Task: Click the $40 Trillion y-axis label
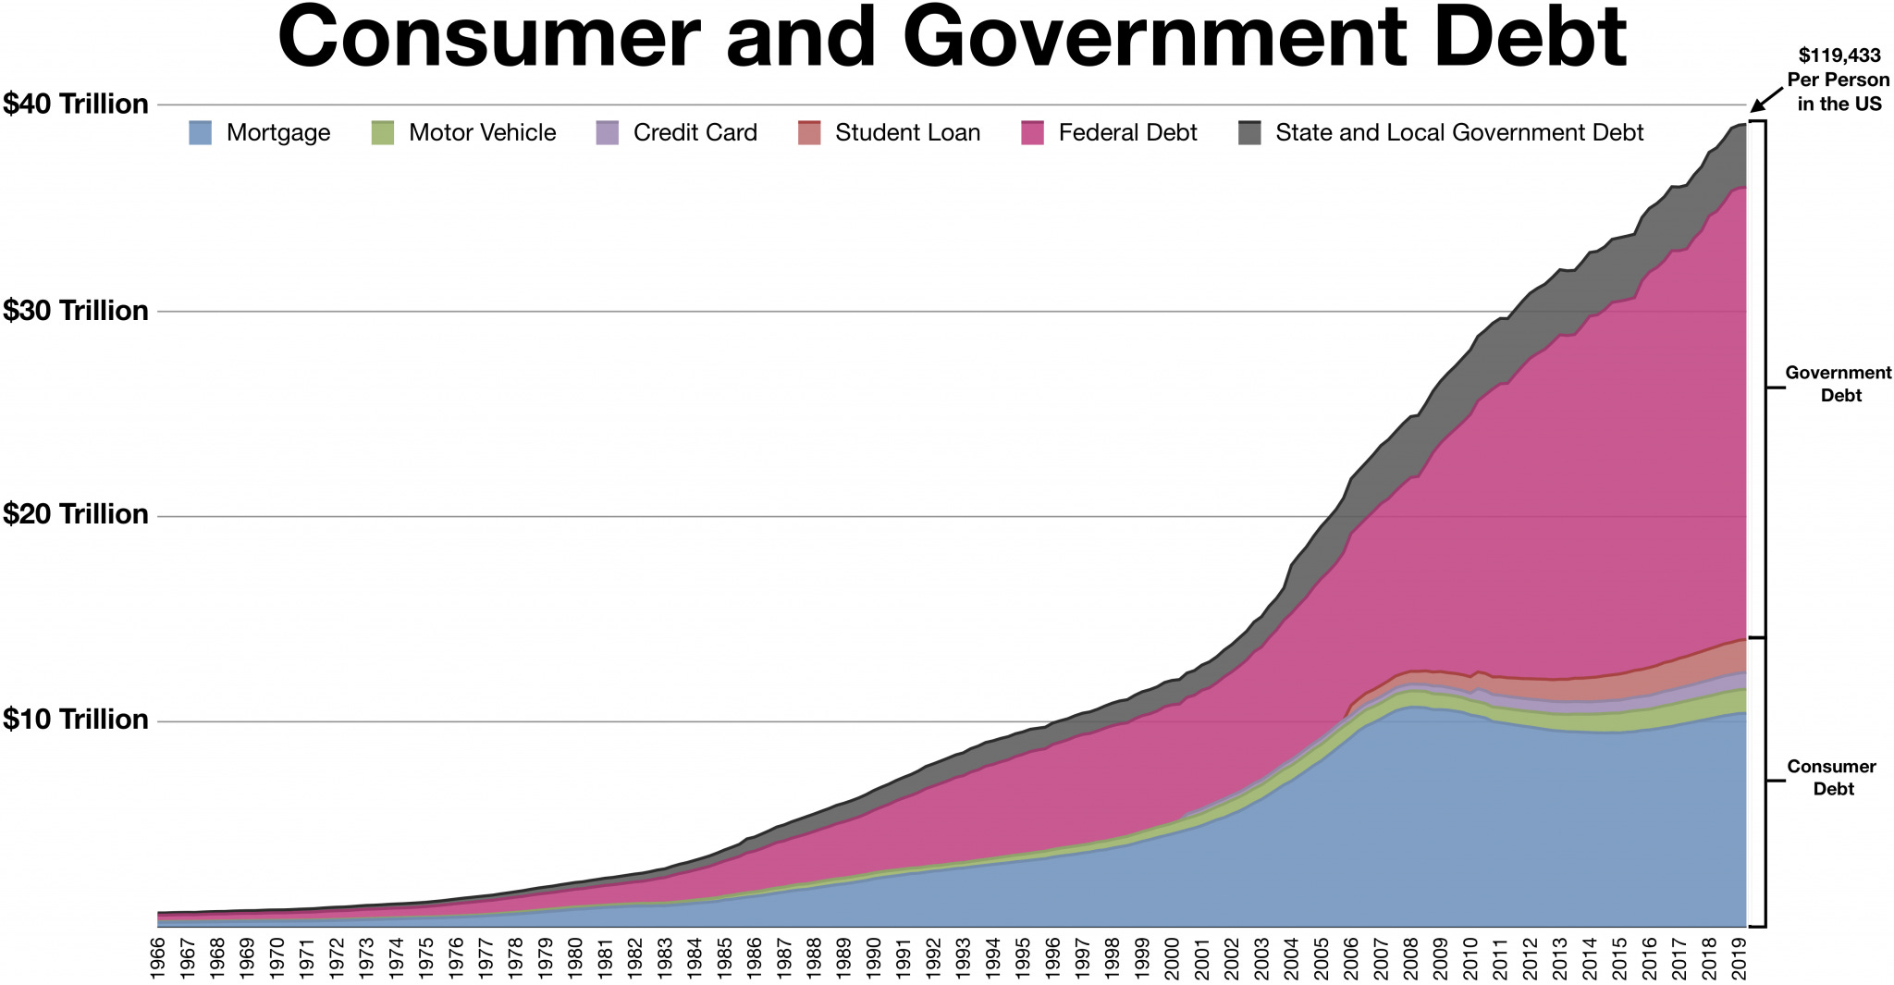(x=75, y=104)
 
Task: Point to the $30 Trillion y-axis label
(x=75, y=311)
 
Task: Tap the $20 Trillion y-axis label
(x=75, y=514)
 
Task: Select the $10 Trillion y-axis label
(x=75, y=720)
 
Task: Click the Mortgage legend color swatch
(x=200, y=132)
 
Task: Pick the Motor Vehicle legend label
(x=482, y=133)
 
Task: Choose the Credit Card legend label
(x=695, y=133)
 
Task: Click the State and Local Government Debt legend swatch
(x=1249, y=132)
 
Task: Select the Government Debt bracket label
(x=1838, y=384)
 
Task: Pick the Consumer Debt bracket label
(x=1831, y=778)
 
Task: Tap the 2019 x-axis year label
(x=1738, y=958)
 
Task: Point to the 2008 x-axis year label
(x=1410, y=958)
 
